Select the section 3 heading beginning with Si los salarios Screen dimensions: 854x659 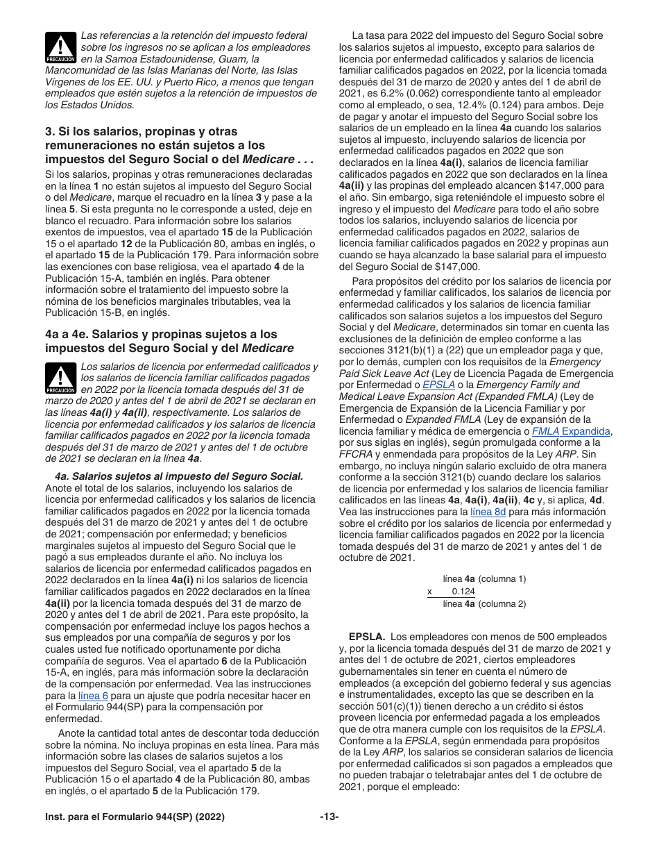179,144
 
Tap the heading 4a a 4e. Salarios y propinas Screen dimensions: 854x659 169,341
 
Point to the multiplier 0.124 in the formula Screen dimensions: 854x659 463,591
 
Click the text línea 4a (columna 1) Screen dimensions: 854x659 484,578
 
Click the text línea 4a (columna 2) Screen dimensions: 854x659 484,603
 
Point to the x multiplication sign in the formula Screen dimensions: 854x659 429,591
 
